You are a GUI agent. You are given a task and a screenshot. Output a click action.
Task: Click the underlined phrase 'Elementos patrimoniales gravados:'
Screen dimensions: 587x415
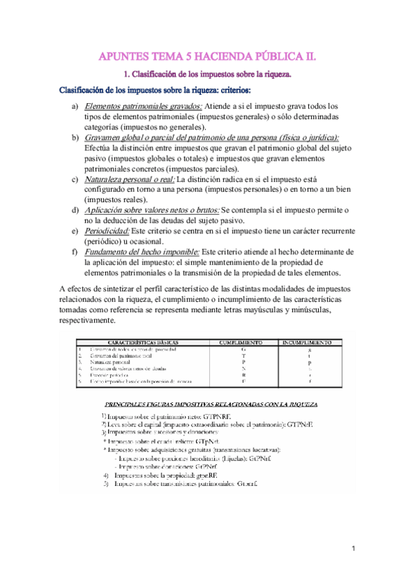[143, 107]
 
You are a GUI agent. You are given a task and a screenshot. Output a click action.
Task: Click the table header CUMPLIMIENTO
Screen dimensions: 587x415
[240, 343]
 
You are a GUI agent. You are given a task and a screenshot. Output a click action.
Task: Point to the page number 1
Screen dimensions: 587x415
[353, 549]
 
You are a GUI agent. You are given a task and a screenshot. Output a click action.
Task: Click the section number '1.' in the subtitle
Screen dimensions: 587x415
[127, 73]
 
